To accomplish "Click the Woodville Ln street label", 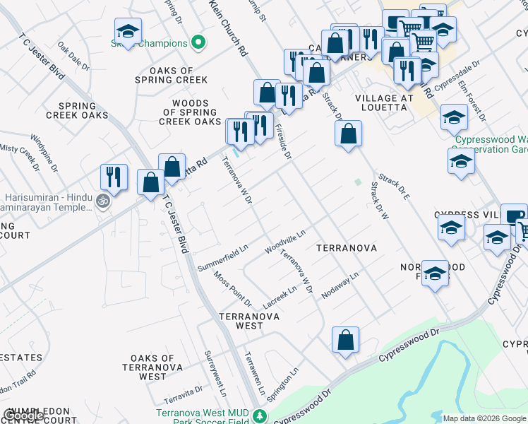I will click(285, 241).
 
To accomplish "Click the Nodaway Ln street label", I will click(340, 285).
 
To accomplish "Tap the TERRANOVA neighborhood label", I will click(346, 249).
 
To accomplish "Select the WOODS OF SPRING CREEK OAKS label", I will click(190, 112).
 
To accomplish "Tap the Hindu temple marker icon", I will click(103, 202).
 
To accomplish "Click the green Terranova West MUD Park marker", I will click(260, 416).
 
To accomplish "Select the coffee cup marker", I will click(514, 216).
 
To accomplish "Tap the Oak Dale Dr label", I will click(73, 57).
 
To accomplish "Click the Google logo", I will click(23, 416).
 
